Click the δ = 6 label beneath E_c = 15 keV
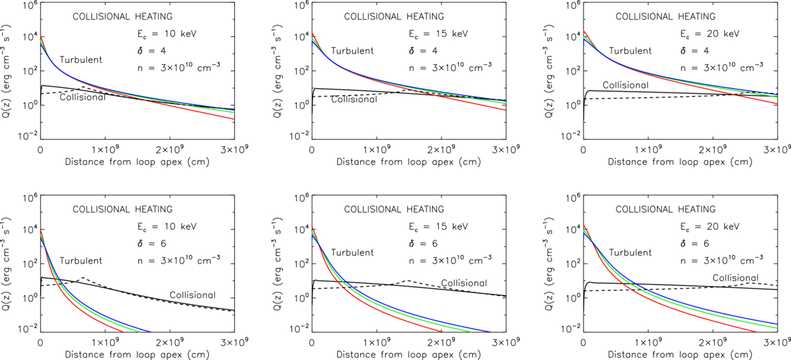tap(423, 244)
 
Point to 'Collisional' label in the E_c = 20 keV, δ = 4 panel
tap(626, 85)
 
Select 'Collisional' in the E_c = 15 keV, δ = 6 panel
tap(464, 283)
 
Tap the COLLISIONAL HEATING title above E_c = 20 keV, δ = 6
tap(666, 209)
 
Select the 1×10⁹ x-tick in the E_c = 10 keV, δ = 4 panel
tap(105, 150)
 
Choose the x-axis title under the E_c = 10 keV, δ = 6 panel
tap(137, 354)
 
